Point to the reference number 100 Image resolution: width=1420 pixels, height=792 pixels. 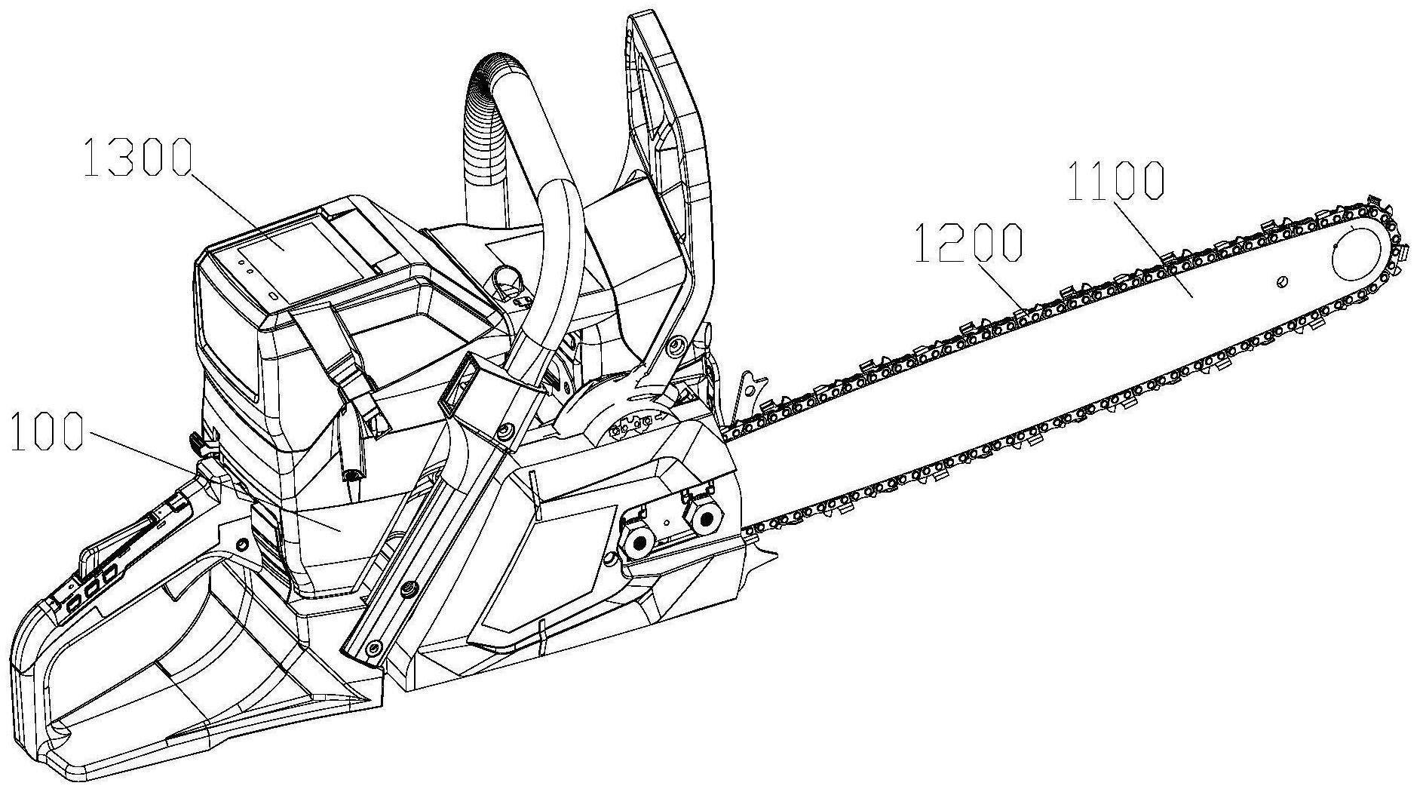pyautogui.click(x=46, y=432)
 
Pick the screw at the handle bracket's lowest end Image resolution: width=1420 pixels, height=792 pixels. pyautogui.click(x=371, y=648)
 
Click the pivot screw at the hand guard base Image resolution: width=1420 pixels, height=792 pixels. pyautogui.click(x=676, y=344)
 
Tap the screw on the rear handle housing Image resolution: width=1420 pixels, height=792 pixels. pyautogui.click(x=242, y=544)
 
